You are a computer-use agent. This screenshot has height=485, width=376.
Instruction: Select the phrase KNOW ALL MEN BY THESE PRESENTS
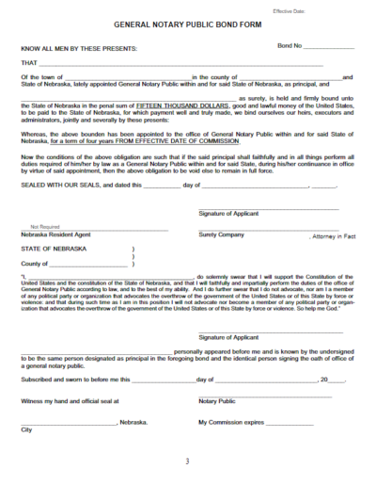78,47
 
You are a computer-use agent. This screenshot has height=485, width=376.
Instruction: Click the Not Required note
45,226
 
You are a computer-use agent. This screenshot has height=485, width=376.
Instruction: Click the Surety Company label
221,234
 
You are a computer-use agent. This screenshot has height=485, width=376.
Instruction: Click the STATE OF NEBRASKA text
53,248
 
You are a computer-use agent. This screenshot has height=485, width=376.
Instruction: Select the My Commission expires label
230,423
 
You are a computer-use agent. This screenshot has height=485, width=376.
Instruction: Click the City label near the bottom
26,430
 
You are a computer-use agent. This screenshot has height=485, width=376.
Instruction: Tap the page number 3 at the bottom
187,462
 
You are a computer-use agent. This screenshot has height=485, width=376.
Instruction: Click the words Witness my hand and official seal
70,402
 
